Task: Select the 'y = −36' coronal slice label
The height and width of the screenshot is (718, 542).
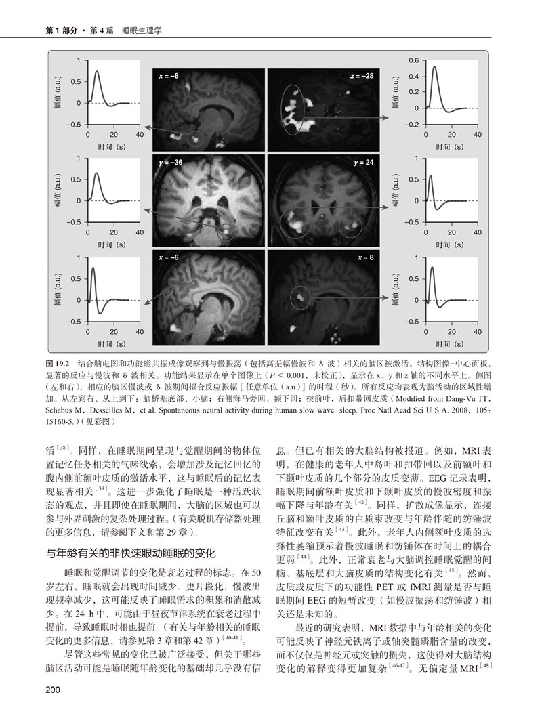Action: [170, 164]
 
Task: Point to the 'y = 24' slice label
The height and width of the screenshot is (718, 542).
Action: [363, 164]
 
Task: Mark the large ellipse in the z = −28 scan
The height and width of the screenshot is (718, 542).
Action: [293, 108]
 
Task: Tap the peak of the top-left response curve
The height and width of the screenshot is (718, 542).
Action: [98, 72]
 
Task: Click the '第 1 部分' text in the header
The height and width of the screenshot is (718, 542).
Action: [56, 30]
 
